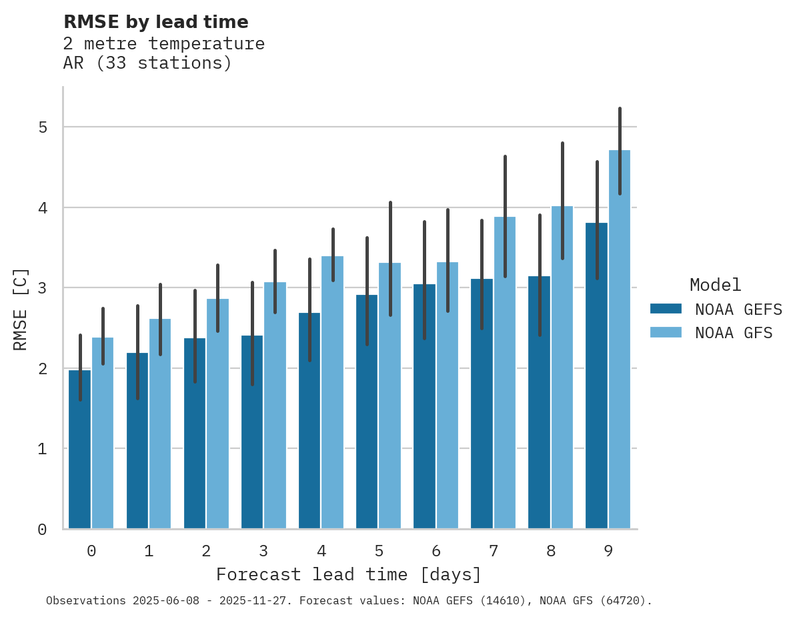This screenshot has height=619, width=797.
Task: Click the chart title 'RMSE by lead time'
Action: click(x=155, y=22)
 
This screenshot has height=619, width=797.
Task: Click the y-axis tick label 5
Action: click(x=42, y=127)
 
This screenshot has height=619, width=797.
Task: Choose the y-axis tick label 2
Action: click(x=42, y=369)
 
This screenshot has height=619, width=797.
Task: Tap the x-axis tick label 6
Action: click(x=436, y=551)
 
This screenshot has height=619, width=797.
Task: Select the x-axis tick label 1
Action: click(x=149, y=551)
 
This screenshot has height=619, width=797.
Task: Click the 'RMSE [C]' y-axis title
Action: click(x=21, y=309)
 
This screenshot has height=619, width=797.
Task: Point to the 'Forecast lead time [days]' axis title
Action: click(x=348, y=574)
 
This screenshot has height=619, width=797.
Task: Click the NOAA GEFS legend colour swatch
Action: click(x=666, y=309)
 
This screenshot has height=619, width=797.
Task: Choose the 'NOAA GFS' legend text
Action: click(x=734, y=333)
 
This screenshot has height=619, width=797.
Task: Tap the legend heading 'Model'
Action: click(x=715, y=285)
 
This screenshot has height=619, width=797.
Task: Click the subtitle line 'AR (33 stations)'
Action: click(x=147, y=63)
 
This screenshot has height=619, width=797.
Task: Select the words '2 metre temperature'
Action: click(x=164, y=44)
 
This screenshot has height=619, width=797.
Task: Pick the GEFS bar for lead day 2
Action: click(x=195, y=440)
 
